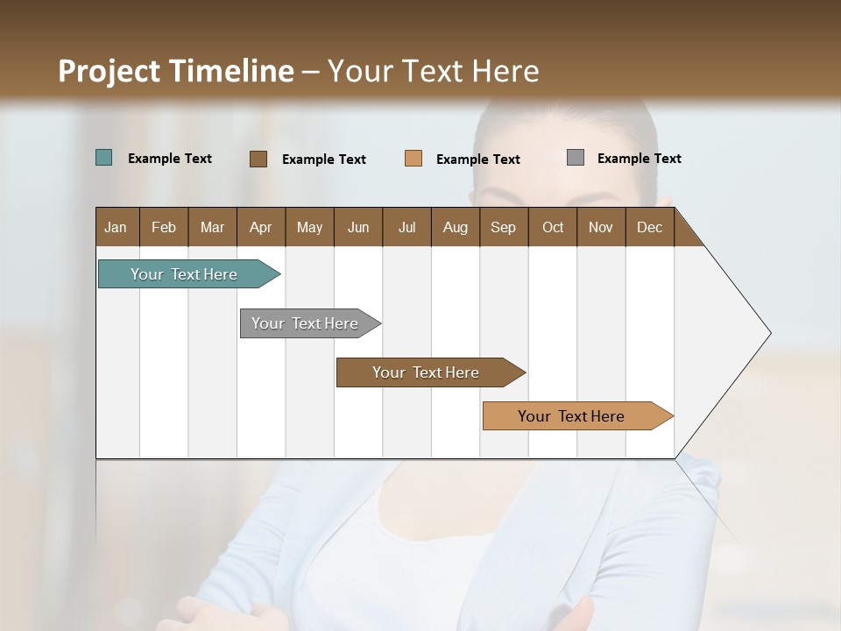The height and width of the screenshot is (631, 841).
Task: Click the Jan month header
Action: pyautogui.click(x=116, y=227)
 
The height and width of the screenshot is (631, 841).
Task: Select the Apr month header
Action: pyautogui.click(x=260, y=227)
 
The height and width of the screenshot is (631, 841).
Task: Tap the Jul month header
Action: pyautogui.click(x=406, y=227)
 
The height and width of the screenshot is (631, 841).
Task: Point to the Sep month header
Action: pyautogui.click(x=503, y=227)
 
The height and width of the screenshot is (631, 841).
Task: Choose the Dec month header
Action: pyautogui.click(x=649, y=227)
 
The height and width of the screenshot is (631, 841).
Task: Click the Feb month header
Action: pyautogui.click(x=164, y=227)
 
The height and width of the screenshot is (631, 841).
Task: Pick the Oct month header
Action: pyautogui.click(x=553, y=227)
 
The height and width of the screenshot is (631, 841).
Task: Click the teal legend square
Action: pyautogui.click(x=104, y=158)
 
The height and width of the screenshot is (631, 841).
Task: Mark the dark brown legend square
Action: pyautogui.click(x=258, y=159)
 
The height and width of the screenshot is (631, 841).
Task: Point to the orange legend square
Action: pyautogui.click(x=413, y=159)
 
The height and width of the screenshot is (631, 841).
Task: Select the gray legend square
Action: pyautogui.click(x=576, y=158)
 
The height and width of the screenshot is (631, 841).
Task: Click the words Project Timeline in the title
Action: pyautogui.click(x=175, y=71)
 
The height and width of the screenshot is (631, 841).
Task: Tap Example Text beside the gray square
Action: pyautogui.click(x=639, y=159)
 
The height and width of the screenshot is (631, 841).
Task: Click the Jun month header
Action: pyautogui.click(x=358, y=227)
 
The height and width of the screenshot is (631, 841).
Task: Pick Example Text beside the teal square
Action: pyautogui.click(x=170, y=159)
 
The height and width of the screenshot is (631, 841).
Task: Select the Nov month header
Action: pyautogui.click(x=601, y=227)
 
